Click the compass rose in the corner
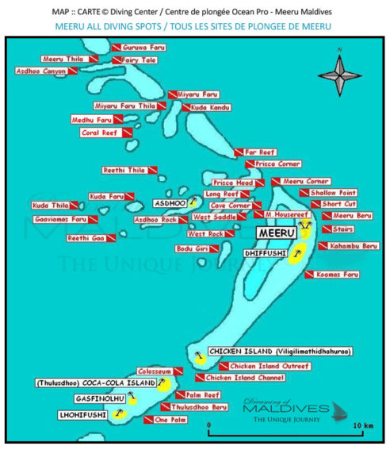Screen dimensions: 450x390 [339, 75]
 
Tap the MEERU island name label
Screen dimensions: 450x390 [277, 233]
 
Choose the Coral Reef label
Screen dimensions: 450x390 [100, 133]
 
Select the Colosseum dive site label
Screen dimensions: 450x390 [155, 371]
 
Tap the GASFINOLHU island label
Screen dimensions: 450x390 [101, 397]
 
